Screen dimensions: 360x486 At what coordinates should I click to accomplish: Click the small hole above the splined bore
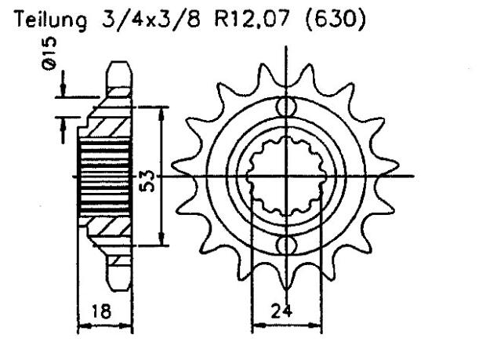click(x=288, y=106)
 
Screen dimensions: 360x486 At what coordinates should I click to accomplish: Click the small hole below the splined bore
click(x=288, y=246)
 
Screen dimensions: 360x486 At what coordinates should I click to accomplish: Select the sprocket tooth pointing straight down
click(x=288, y=279)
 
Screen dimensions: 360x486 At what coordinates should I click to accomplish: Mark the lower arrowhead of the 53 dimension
click(x=161, y=241)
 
